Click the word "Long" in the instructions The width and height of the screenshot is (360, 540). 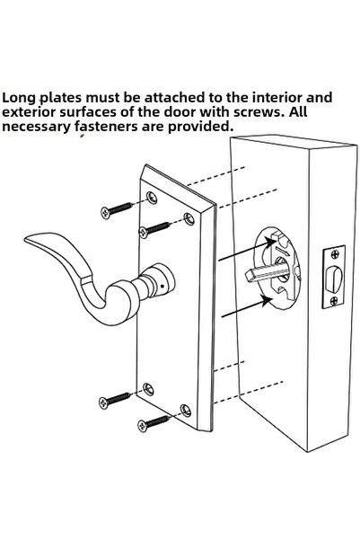(19, 98)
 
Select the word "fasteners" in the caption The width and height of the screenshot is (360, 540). (107, 127)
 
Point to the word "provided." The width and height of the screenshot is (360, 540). (200, 127)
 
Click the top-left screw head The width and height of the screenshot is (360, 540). (106, 213)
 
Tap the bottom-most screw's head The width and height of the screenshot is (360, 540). (143, 426)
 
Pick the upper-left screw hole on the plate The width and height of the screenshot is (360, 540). (152, 198)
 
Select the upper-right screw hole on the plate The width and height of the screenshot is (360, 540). (189, 218)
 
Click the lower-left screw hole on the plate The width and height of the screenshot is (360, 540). (148, 389)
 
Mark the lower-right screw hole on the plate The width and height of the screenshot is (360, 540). (186, 411)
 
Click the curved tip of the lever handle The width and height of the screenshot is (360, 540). (29, 241)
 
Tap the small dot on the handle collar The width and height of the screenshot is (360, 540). (162, 286)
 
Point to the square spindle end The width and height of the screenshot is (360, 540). (250, 276)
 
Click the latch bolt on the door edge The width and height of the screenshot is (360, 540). (334, 279)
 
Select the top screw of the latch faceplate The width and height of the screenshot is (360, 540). (335, 255)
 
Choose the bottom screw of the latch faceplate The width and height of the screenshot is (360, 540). (334, 301)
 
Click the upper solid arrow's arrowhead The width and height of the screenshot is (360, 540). (271, 243)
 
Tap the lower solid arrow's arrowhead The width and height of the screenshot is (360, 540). (268, 301)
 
